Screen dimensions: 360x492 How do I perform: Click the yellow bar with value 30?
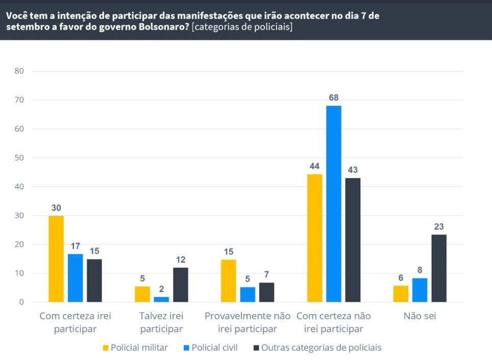coord(56,259)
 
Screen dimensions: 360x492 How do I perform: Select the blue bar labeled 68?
coord(334,204)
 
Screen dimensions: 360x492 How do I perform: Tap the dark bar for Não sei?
coord(438,269)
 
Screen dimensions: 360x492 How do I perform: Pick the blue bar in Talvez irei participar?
coord(161,299)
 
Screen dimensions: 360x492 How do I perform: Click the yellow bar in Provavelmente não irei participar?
coord(228,281)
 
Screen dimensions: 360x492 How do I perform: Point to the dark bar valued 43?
coord(353,240)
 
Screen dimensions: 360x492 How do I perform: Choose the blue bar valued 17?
coord(75,278)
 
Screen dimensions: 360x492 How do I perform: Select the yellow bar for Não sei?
coord(401,294)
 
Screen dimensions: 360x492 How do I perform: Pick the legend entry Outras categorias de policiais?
coord(321,348)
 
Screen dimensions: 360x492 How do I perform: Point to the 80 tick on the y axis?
coord(19,71)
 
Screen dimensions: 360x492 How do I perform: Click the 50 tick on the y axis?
coord(19,158)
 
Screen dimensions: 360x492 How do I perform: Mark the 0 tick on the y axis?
coord(21,302)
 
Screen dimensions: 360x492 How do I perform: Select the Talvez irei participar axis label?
coord(161,322)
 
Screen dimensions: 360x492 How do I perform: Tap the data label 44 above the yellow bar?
coord(314,166)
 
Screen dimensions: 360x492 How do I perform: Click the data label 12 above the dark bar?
coord(181,260)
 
